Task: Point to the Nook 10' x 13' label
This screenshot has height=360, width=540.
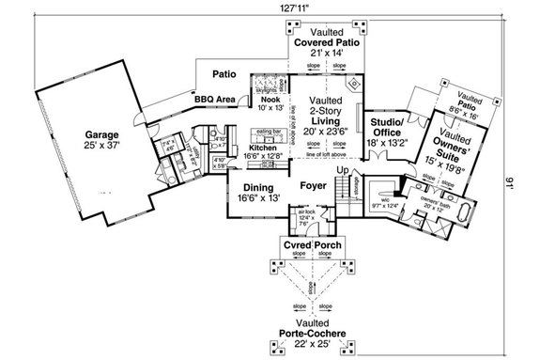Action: pos(270,103)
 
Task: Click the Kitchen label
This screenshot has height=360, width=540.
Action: pos(263,149)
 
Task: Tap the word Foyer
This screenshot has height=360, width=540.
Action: pos(313,185)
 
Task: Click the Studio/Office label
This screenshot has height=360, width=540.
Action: pos(386,129)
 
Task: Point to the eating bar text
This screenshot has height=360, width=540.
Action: pos(270,133)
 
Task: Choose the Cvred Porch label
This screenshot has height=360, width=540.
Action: pos(313,246)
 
